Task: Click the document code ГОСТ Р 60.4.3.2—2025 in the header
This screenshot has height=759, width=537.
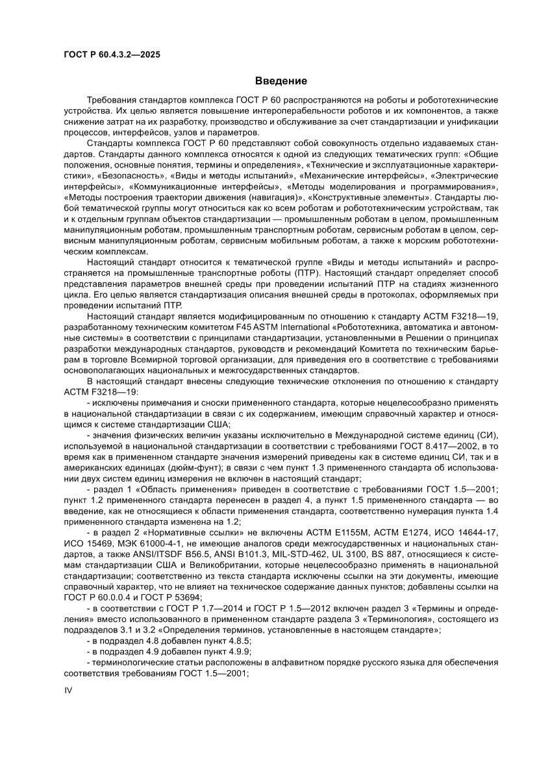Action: [112, 55]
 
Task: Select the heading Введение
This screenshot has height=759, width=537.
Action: [281, 81]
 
